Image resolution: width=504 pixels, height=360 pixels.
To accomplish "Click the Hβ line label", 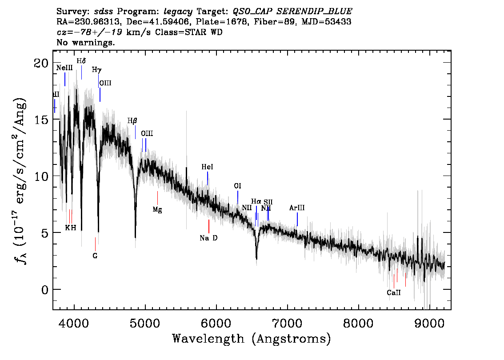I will (132, 120).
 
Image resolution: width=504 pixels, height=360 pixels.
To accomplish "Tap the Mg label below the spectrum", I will (157, 209).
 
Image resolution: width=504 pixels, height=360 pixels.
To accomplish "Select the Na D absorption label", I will (208, 238).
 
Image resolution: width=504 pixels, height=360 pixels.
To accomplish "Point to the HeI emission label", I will (207, 167).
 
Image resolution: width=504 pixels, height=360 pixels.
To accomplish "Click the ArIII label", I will (297, 208).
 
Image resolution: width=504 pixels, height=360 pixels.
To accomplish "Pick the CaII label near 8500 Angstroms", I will (394, 293).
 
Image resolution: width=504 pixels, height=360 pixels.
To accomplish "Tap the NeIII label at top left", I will (64, 68).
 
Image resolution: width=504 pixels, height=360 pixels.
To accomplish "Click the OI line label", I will (238, 186).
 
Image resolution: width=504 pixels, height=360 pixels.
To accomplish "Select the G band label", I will (95, 256).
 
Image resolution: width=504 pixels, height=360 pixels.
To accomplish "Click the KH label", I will (71, 228).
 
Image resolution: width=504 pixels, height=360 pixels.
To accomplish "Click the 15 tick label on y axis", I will (41, 120).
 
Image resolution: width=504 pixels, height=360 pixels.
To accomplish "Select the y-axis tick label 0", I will (44, 289).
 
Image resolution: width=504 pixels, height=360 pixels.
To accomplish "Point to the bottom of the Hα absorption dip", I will (256, 258).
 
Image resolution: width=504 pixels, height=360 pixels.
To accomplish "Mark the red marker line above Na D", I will (208, 226).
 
